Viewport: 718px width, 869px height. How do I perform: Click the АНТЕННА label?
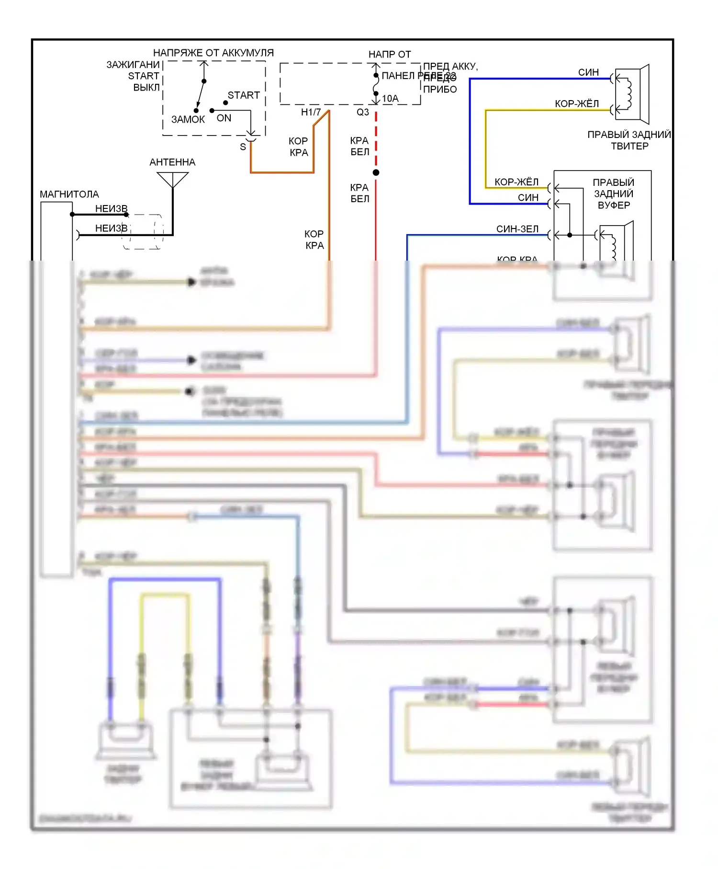172,162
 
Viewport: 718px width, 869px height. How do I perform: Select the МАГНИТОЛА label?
69,194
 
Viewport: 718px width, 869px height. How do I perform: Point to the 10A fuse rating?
390,99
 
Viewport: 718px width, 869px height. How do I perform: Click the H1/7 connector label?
311,112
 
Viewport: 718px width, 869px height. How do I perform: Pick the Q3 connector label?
363,112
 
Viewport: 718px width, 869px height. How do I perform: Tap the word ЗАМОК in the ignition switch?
188,119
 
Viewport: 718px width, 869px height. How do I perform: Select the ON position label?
224,118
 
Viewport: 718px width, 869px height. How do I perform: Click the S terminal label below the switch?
243,147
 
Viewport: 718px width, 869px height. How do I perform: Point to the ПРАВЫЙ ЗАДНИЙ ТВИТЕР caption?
629,140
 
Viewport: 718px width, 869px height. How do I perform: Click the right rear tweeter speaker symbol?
632,94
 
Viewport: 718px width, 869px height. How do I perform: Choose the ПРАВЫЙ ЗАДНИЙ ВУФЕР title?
614,194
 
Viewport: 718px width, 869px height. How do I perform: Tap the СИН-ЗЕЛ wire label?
517,229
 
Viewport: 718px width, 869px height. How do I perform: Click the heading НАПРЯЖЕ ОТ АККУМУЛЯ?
213,53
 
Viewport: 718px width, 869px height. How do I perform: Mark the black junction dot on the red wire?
376,172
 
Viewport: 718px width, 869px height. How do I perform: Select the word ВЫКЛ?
146,88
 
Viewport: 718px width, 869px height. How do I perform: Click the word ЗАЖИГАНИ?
133,65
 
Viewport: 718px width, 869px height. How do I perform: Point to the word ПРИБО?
440,90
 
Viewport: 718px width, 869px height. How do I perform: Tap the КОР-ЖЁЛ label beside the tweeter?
577,104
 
